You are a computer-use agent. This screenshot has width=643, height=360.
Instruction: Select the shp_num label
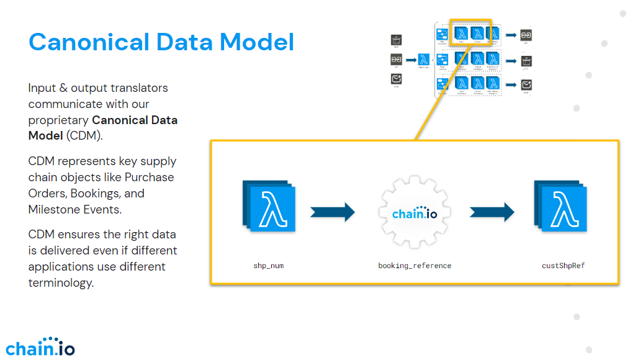(269, 266)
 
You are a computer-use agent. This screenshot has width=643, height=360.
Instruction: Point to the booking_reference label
(415, 266)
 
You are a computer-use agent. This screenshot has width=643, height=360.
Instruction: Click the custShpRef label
(563, 266)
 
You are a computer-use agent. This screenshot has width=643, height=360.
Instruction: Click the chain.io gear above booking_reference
(415, 214)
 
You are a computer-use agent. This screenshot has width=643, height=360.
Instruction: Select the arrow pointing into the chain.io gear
(332, 212)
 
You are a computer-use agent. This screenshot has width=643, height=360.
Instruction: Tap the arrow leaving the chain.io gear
(492, 212)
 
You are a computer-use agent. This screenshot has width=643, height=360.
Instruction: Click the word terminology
(61, 282)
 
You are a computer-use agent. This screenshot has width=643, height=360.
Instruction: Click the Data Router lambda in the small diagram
(424, 60)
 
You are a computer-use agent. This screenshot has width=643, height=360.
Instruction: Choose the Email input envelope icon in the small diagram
(397, 79)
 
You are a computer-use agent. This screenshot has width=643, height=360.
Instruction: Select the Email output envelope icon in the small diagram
(526, 85)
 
